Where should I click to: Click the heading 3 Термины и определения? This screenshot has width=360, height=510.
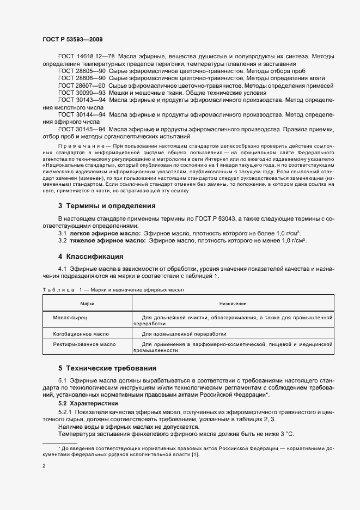(107, 206)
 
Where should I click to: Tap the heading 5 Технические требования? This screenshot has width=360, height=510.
(112, 368)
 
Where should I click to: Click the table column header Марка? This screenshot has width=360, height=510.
(87, 303)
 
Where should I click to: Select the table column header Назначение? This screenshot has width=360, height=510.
(233, 303)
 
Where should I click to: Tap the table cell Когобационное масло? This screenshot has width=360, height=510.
(81, 333)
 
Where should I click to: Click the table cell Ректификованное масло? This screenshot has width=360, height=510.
(84, 344)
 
